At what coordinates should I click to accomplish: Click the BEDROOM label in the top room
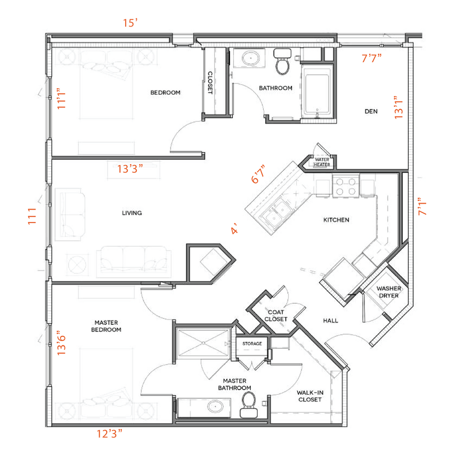[x=165, y=93]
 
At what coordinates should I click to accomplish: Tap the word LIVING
[x=132, y=213]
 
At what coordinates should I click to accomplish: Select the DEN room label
[x=371, y=112]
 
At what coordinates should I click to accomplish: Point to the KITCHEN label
[x=336, y=220]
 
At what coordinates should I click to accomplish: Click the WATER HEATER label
[x=322, y=162]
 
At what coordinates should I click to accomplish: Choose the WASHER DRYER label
[x=389, y=292]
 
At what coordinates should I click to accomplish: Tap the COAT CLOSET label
[x=276, y=316]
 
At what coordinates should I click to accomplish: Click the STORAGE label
[x=252, y=344]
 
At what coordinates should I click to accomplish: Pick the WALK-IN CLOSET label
[x=309, y=396]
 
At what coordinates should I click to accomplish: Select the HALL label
[x=330, y=321]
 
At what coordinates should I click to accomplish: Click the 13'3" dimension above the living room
[x=130, y=168]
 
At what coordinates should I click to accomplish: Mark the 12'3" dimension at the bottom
[x=109, y=433]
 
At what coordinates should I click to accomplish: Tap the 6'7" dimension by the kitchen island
[x=259, y=174]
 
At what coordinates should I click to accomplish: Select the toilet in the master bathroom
[x=249, y=403]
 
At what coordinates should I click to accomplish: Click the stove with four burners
[x=346, y=187]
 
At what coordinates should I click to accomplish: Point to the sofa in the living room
[x=133, y=261]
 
